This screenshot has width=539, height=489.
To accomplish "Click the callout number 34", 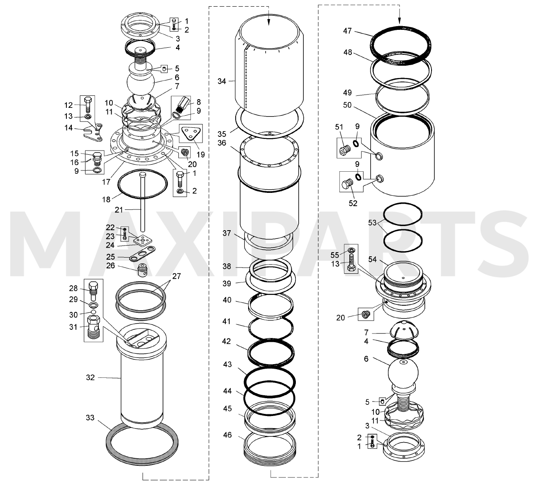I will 222,81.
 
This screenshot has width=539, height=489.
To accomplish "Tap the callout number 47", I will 348,31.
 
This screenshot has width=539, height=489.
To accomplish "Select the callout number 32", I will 90,377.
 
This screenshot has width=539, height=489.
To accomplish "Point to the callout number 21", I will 119,210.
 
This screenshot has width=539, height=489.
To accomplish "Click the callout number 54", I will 373,259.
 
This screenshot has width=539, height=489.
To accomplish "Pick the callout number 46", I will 227,435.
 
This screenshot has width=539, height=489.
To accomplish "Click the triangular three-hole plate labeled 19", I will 191,134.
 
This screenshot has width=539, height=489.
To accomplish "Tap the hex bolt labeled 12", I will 88,105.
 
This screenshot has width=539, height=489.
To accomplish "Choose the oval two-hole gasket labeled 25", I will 141,254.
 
